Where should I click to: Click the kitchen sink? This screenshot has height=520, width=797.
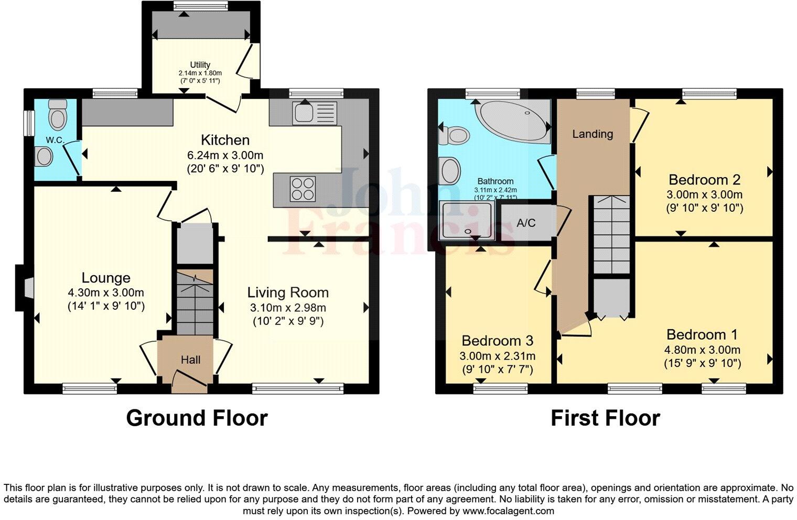(x=314, y=113)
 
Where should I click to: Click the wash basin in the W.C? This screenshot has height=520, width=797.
(x=44, y=156)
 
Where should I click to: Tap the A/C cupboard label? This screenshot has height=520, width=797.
(x=526, y=223)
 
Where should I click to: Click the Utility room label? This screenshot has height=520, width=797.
(x=200, y=65)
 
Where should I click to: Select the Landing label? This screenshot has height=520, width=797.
(x=593, y=134)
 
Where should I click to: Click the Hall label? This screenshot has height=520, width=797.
(x=190, y=360)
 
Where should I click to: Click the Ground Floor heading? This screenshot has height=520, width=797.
(x=197, y=418)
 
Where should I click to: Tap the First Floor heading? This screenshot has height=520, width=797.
(x=605, y=418)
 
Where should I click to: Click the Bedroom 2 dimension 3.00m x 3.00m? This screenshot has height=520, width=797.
(x=705, y=194)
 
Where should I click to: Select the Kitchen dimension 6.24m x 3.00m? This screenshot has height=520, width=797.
(x=225, y=155)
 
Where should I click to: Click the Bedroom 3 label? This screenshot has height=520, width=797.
(x=497, y=341)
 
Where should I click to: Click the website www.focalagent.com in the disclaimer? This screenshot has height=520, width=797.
(x=508, y=511)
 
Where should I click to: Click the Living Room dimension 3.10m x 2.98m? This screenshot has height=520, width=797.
(x=288, y=308)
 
